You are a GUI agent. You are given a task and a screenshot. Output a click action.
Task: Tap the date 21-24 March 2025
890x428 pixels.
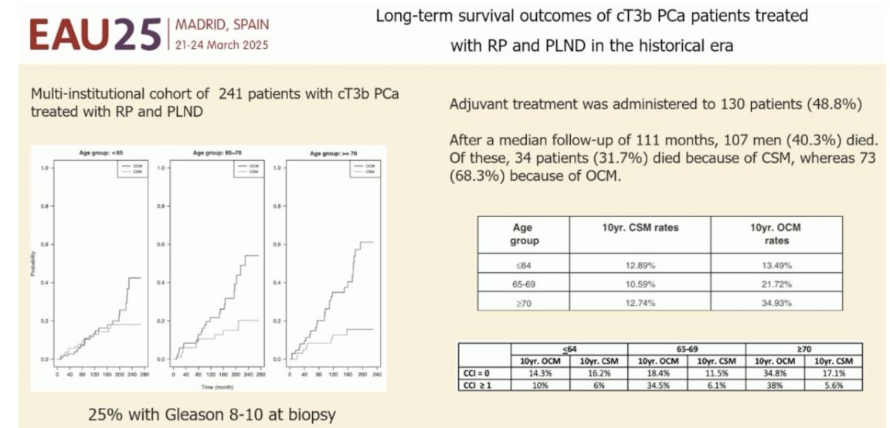point(222,45)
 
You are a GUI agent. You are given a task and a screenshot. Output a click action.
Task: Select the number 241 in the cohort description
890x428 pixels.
point(233,93)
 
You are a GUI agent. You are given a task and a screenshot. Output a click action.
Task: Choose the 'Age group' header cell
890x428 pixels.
point(522,233)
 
